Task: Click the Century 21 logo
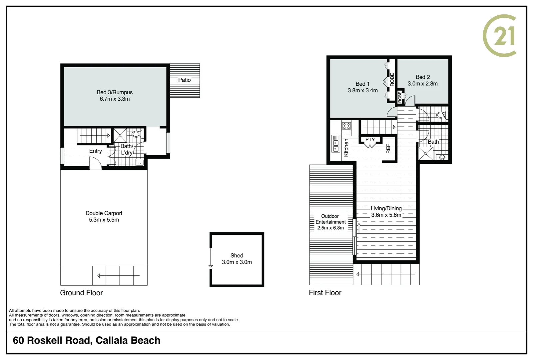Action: [x=500, y=36]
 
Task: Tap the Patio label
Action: [x=184, y=80]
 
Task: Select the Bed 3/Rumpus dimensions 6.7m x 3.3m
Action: [x=115, y=99]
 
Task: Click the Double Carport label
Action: [x=104, y=213]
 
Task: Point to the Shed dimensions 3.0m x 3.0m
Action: [x=237, y=262]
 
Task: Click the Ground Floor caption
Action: [x=81, y=293]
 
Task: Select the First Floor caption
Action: [x=325, y=293]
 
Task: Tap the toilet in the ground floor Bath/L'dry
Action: [x=136, y=135]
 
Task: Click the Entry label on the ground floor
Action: [x=96, y=151]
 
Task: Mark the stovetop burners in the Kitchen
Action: [x=346, y=126]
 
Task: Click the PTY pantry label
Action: [x=370, y=140]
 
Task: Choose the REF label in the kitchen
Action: [x=388, y=149]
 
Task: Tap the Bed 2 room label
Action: [x=423, y=77]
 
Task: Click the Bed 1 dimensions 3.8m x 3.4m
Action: [x=363, y=91]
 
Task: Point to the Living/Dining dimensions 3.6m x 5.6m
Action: [x=386, y=215]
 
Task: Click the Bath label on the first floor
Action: [x=433, y=142]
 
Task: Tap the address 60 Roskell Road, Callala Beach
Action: [x=87, y=341]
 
